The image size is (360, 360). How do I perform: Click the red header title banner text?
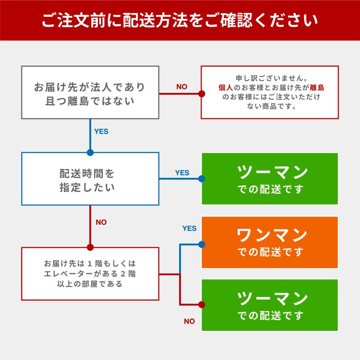180,20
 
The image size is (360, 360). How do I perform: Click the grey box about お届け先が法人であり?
90,92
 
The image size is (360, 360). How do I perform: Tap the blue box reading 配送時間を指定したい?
90,179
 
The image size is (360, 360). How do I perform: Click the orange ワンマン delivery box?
270,242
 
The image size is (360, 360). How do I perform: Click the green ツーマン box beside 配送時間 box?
270,179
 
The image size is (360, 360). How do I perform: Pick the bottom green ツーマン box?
270,305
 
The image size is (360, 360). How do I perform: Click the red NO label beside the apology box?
182,87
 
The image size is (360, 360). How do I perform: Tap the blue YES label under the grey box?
101,131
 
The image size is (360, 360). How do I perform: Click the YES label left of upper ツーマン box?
182,173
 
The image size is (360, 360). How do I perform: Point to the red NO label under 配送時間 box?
101,222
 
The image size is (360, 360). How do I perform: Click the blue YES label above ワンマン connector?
189,228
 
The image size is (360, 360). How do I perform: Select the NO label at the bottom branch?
189,321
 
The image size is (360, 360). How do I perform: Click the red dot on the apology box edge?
202,94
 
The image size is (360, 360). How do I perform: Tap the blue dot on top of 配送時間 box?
90,152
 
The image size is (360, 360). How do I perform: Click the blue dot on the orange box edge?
202,244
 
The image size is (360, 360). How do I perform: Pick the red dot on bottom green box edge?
202,305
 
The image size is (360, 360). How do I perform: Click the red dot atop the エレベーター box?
90,247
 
